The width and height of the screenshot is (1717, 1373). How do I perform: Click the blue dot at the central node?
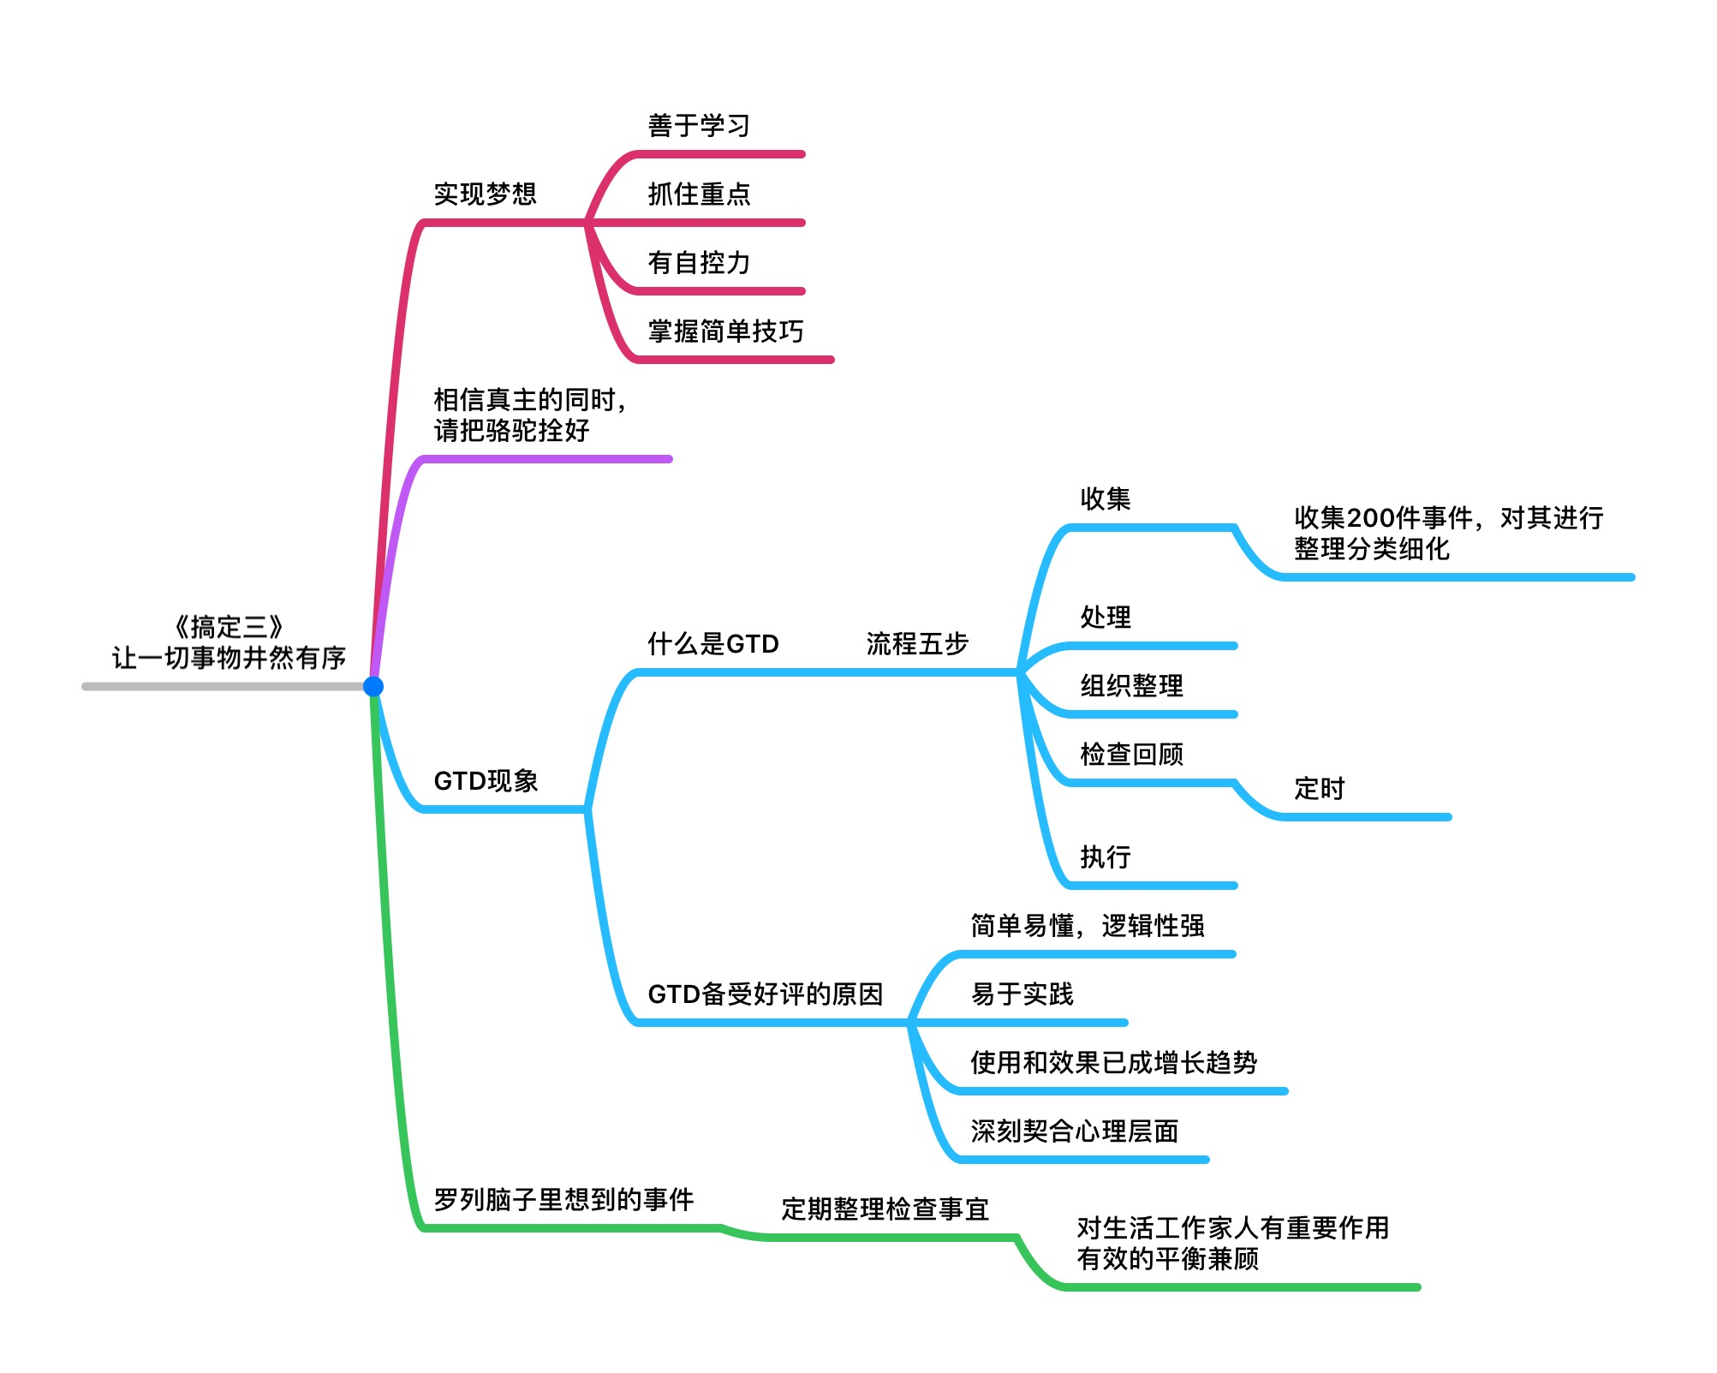point(373,686)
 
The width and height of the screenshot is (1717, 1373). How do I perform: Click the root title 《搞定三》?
point(228,627)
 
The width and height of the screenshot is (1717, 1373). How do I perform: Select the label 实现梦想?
point(485,194)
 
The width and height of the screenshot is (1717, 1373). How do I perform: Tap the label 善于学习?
point(699,126)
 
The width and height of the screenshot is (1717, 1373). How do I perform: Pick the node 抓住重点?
point(699,194)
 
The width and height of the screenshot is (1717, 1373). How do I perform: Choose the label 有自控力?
point(699,263)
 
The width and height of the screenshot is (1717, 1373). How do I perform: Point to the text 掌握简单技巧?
point(725,331)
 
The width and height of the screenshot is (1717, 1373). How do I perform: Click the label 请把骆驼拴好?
point(511,430)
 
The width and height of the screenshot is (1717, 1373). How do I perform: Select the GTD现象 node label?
point(486,781)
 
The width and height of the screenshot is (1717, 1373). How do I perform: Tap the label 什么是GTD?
point(713,644)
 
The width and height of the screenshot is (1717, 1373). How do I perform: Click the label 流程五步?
point(917,644)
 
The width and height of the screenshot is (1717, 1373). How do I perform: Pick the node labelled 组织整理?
point(1131,686)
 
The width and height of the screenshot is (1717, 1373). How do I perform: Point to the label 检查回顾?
point(1131,755)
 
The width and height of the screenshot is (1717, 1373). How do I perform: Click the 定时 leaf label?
point(1319,789)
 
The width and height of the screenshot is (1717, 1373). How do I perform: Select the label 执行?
point(1106,857)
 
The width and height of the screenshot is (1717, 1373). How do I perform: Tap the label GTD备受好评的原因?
point(765,994)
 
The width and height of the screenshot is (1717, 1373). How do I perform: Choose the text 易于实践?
point(1022,994)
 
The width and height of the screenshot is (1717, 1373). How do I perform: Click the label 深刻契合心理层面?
point(1074,1131)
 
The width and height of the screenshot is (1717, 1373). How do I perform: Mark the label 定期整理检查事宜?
point(885,1209)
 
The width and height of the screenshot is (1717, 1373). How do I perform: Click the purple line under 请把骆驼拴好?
point(548,459)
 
